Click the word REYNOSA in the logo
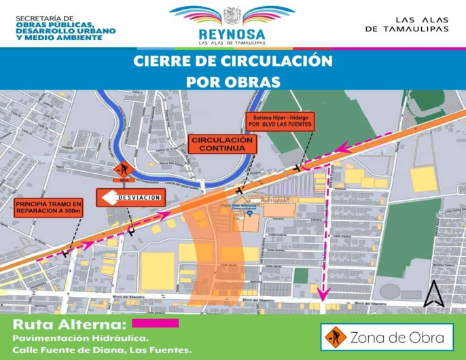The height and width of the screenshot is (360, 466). tap(232, 34)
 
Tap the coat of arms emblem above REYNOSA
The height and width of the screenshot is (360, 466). tap(232, 15)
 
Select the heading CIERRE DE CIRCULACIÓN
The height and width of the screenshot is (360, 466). tap(233, 61)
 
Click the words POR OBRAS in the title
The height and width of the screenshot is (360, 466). tap(233, 82)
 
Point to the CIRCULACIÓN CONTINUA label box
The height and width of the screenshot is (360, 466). tap(213, 144)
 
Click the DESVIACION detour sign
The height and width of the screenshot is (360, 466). tap(130, 198)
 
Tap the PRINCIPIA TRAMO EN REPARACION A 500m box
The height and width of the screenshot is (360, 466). tap(48, 208)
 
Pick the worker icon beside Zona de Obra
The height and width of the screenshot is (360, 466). tap(335, 336)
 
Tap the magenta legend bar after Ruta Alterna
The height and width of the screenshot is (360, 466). tap(156, 323)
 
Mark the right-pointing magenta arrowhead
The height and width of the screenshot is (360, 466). tap(164, 217)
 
